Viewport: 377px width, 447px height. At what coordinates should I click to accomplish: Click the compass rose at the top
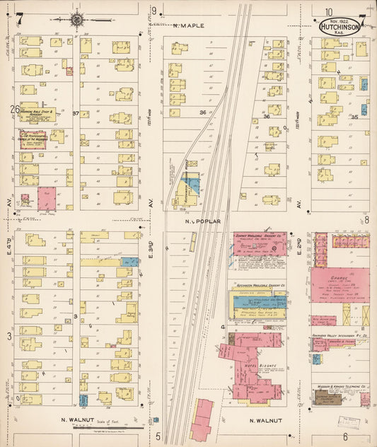[76, 20]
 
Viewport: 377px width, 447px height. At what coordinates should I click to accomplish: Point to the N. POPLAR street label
[203, 221]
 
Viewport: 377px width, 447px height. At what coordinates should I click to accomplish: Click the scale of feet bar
[105, 428]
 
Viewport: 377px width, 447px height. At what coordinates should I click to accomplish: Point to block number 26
[14, 109]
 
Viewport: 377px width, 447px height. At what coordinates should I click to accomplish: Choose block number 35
[355, 117]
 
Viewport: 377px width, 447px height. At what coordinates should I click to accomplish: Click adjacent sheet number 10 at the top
[329, 11]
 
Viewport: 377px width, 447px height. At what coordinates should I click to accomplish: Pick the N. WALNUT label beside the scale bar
[73, 421]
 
